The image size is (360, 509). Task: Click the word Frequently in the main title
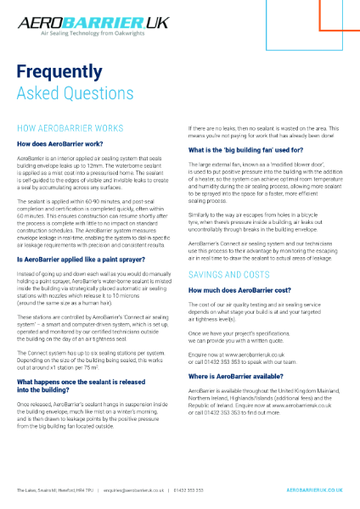(x=56, y=74)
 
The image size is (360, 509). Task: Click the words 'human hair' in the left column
(x=87, y=302)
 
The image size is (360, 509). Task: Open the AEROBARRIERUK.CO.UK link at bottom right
(x=314, y=489)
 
